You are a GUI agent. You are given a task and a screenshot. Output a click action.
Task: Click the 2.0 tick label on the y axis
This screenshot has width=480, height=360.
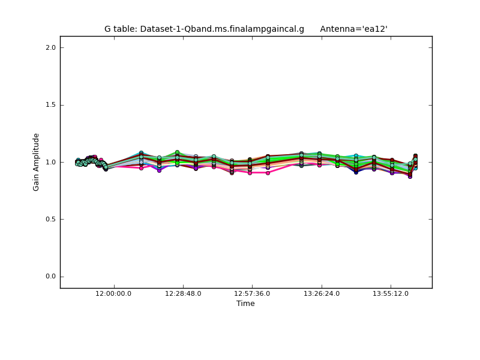click(50, 47)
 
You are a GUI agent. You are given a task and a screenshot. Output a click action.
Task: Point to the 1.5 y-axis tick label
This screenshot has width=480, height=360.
click(50, 105)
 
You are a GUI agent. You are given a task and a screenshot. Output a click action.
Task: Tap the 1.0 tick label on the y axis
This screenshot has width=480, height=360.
click(50, 162)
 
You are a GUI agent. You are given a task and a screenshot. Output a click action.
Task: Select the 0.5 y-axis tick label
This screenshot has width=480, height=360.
click(50, 220)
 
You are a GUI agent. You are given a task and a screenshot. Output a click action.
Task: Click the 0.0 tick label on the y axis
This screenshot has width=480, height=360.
click(50, 277)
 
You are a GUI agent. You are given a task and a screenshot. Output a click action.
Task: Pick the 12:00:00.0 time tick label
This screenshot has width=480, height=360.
click(114, 293)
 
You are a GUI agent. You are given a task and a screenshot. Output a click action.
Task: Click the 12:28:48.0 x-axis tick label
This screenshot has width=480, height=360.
click(183, 293)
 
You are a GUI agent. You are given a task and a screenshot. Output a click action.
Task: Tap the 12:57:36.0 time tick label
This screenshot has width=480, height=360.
click(252, 293)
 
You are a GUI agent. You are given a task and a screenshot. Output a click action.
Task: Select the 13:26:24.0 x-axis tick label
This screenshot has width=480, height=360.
click(322, 293)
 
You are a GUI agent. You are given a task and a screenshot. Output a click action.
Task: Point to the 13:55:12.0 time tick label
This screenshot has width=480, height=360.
click(391, 293)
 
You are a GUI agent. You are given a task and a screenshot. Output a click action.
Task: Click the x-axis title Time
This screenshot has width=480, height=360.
click(245, 304)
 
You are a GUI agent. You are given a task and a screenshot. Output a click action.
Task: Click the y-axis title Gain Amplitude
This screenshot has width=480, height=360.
click(36, 162)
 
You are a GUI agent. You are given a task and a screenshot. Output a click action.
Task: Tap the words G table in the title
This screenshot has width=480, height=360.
click(120, 29)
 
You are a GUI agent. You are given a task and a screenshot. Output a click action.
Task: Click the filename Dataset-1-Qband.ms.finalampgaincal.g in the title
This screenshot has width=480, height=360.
click(222, 29)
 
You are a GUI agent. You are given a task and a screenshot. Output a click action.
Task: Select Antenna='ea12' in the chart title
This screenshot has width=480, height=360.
click(353, 29)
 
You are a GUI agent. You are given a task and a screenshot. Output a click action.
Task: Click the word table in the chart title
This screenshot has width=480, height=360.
click(125, 29)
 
